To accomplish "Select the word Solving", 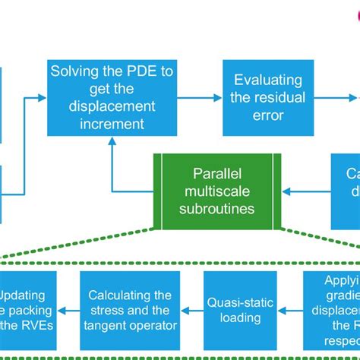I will coord(76,71).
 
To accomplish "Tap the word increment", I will coord(112,123).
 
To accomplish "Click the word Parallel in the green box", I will coord(217,174).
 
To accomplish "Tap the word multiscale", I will coord(217,191).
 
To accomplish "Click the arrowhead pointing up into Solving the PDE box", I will coord(112,148).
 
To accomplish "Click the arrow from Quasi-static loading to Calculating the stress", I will coord(191,310).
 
